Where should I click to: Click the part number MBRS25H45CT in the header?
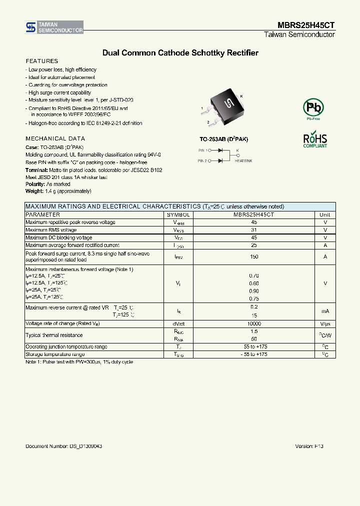(x=306, y=25)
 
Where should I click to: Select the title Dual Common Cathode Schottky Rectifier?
(x=180, y=52)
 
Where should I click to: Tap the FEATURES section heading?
(x=41, y=61)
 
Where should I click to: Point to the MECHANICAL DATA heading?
(x=55, y=138)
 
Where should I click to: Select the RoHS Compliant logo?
(x=315, y=140)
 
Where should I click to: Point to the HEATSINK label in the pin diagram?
(x=243, y=161)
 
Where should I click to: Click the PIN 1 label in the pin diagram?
(x=202, y=150)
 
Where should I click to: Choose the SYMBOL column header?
(x=178, y=214)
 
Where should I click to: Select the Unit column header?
(x=325, y=214)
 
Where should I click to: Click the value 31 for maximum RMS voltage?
(x=254, y=230)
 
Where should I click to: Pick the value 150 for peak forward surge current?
(x=254, y=256)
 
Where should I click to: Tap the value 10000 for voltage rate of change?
(x=254, y=323)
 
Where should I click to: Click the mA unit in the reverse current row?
(x=325, y=311)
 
